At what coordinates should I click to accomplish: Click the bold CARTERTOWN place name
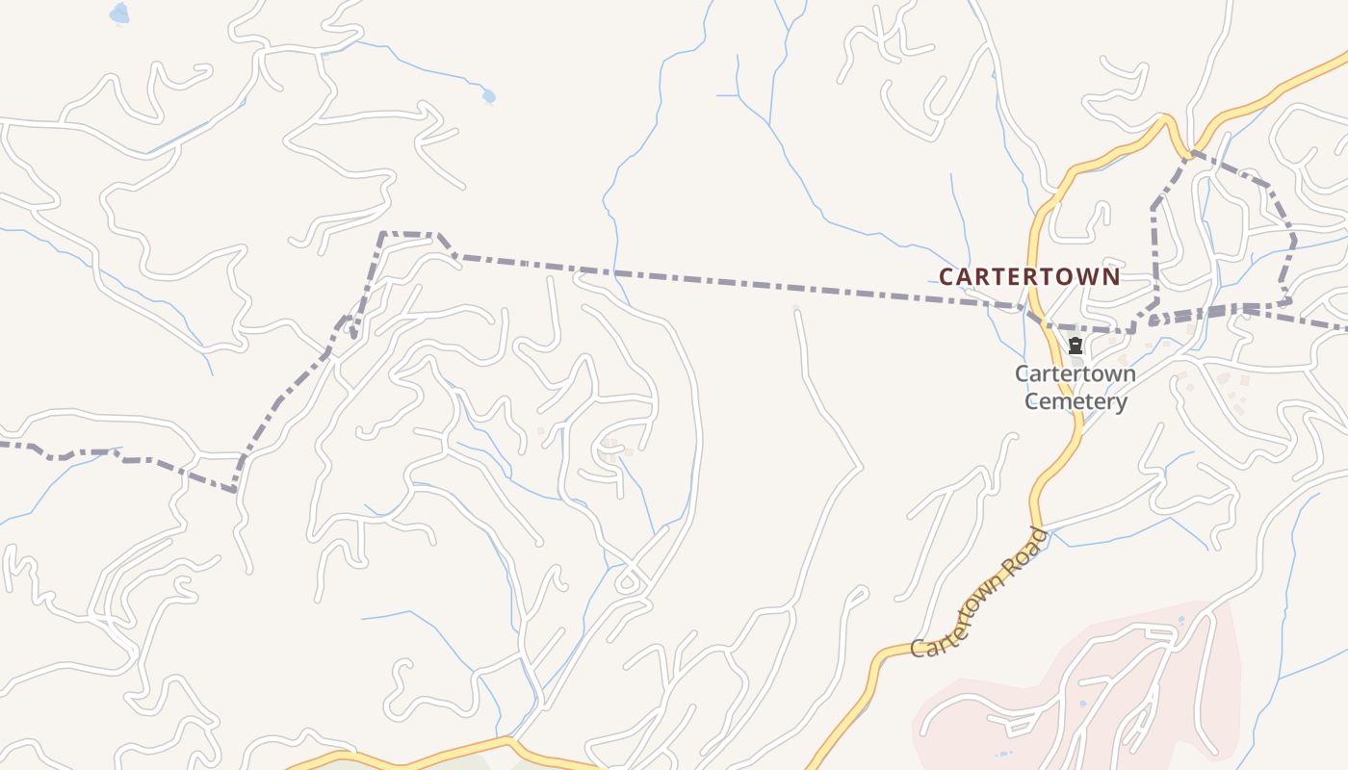tap(1029, 277)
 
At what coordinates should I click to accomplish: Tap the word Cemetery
tap(1076, 401)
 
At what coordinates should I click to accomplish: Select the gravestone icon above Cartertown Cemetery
tap(1076, 346)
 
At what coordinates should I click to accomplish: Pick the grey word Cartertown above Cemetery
tap(1076, 373)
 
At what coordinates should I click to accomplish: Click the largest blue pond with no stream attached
tap(118, 13)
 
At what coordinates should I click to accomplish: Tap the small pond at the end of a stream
tap(488, 96)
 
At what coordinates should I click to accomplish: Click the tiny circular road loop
tap(627, 581)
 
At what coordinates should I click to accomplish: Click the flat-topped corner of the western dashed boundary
tap(409, 233)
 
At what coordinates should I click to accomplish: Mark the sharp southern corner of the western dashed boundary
tap(235, 490)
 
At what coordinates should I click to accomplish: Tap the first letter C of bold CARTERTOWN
tap(946, 277)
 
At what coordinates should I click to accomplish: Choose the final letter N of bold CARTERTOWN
tap(1112, 277)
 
